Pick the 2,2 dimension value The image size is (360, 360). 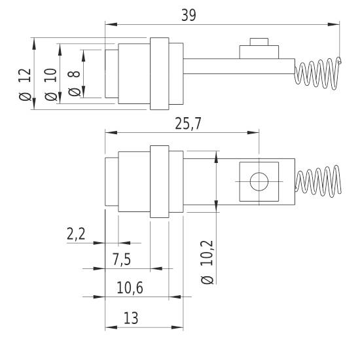click(x=77, y=235)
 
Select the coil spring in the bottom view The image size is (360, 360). click(x=318, y=181)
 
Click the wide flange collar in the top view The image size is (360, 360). click(x=159, y=73)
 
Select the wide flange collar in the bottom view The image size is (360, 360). click(x=159, y=182)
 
